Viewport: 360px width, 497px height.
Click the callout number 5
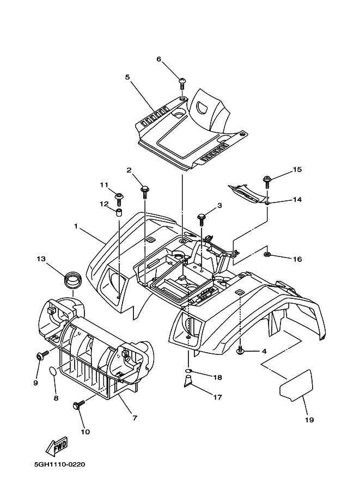(127, 77)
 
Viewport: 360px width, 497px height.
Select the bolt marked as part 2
(145, 191)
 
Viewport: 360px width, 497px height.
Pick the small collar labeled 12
(118, 212)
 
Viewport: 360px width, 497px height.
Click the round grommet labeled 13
(72, 278)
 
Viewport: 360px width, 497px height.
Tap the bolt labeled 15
(267, 180)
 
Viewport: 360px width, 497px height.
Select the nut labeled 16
(267, 255)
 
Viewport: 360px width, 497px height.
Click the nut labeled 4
(240, 351)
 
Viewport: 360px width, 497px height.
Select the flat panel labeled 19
(296, 385)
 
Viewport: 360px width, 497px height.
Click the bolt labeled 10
(77, 405)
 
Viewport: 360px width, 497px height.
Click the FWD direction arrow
(57, 447)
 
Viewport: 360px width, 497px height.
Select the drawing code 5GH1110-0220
(59, 465)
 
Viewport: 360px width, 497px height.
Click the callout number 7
(134, 418)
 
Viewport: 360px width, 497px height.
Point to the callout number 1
(76, 225)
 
